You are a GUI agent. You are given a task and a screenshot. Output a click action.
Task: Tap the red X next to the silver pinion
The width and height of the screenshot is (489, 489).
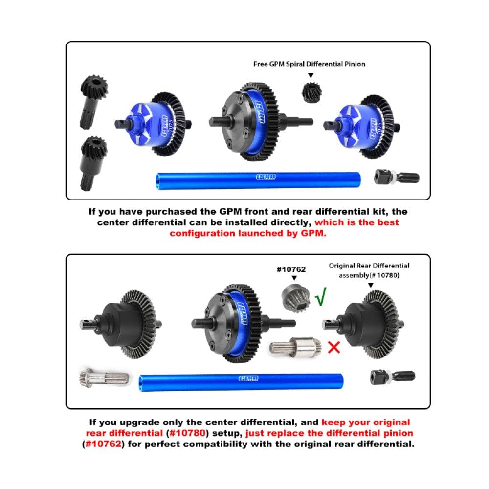[x=334, y=347]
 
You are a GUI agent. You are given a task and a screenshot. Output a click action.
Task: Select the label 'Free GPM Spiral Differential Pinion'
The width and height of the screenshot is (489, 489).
[x=309, y=64]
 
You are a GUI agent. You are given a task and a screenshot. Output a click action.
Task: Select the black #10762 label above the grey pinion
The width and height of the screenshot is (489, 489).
[x=291, y=269]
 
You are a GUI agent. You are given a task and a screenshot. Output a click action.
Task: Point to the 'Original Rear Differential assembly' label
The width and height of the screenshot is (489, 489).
[x=369, y=270]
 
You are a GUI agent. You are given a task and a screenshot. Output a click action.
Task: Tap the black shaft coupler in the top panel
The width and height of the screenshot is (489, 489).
[x=396, y=177]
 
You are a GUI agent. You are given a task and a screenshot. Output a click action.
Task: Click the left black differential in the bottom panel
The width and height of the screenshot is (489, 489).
[x=122, y=323]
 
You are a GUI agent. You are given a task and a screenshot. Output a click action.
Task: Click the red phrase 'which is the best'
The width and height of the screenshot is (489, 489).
[x=356, y=222]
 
